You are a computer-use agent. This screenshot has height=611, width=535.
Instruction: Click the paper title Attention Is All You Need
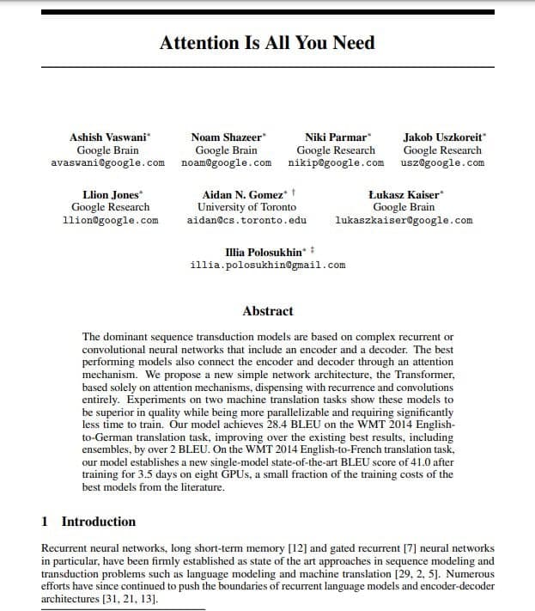(x=267, y=43)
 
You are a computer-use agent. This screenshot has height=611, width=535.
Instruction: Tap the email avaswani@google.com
(x=108, y=162)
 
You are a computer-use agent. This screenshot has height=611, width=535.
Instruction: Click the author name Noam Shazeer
(x=227, y=137)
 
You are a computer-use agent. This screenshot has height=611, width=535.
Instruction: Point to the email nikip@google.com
(x=336, y=162)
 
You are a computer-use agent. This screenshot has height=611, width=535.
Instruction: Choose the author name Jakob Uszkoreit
(x=441, y=137)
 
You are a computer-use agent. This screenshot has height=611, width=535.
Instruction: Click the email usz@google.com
(x=442, y=162)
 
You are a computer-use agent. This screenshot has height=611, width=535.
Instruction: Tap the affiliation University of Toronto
(x=246, y=207)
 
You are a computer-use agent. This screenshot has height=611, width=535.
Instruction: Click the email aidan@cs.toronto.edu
(x=246, y=220)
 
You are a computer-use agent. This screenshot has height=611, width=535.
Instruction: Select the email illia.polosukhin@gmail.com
(x=268, y=265)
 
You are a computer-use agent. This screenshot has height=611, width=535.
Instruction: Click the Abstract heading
(x=267, y=311)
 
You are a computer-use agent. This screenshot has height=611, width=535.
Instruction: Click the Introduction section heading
(x=98, y=522)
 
